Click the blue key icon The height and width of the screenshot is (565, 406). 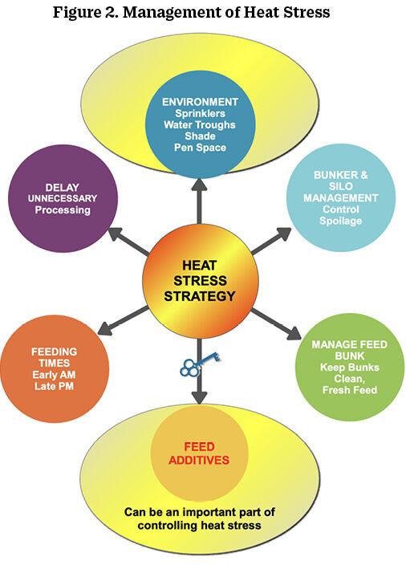click(x=200, y=364)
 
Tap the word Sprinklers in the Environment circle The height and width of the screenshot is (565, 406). click(x=201, y=113)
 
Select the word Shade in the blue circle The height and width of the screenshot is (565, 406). click(x=201, y=136)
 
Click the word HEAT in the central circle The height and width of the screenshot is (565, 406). click(x=199, y=265)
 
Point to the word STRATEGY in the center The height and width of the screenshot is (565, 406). click(x=199, y=296)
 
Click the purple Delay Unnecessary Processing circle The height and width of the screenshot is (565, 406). click(x=63, y=198)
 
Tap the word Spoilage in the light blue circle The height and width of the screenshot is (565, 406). click(x=340, y=221)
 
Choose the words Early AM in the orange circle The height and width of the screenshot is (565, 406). click(x=54, y=374)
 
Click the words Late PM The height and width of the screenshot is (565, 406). click(x=54, y=386)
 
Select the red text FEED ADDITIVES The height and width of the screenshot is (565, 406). click(x=199, y=453)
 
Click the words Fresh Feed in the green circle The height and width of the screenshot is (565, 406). click(x=350, y=390)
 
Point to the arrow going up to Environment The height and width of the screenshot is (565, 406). click(x=199, y=201)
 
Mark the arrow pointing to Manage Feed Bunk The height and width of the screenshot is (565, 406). click(x=276, y=324)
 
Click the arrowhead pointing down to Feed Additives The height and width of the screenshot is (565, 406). click(x=199, y=398)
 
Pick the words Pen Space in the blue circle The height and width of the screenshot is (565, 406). click(x=201, y=148)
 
